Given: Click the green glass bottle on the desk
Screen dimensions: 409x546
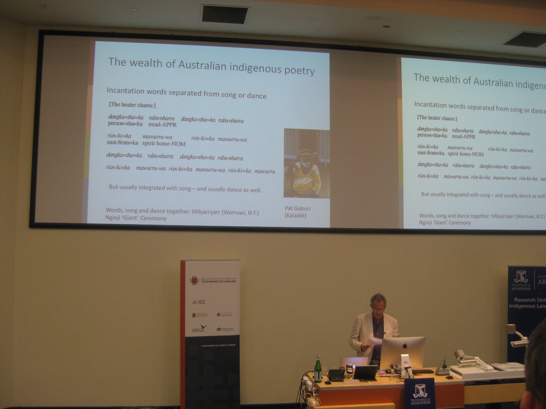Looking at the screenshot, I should point(318,370).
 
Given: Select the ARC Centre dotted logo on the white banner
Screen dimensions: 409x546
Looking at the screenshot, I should point(194,280).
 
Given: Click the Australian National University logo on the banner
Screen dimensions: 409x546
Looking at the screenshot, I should point(198,302).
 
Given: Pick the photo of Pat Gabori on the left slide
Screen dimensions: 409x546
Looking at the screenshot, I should point(307,163).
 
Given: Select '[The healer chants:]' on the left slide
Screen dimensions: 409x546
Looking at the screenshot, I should point(132,105).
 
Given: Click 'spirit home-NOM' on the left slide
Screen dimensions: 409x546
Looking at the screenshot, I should point(164,144).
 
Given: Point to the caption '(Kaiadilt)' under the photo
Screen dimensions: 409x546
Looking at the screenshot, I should point(295,215).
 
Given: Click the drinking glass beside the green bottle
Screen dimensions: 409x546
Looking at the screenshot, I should point(324,371).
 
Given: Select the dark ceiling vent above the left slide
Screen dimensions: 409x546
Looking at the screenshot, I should point(225,14).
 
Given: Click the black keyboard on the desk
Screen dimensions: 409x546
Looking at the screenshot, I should point(422,371).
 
